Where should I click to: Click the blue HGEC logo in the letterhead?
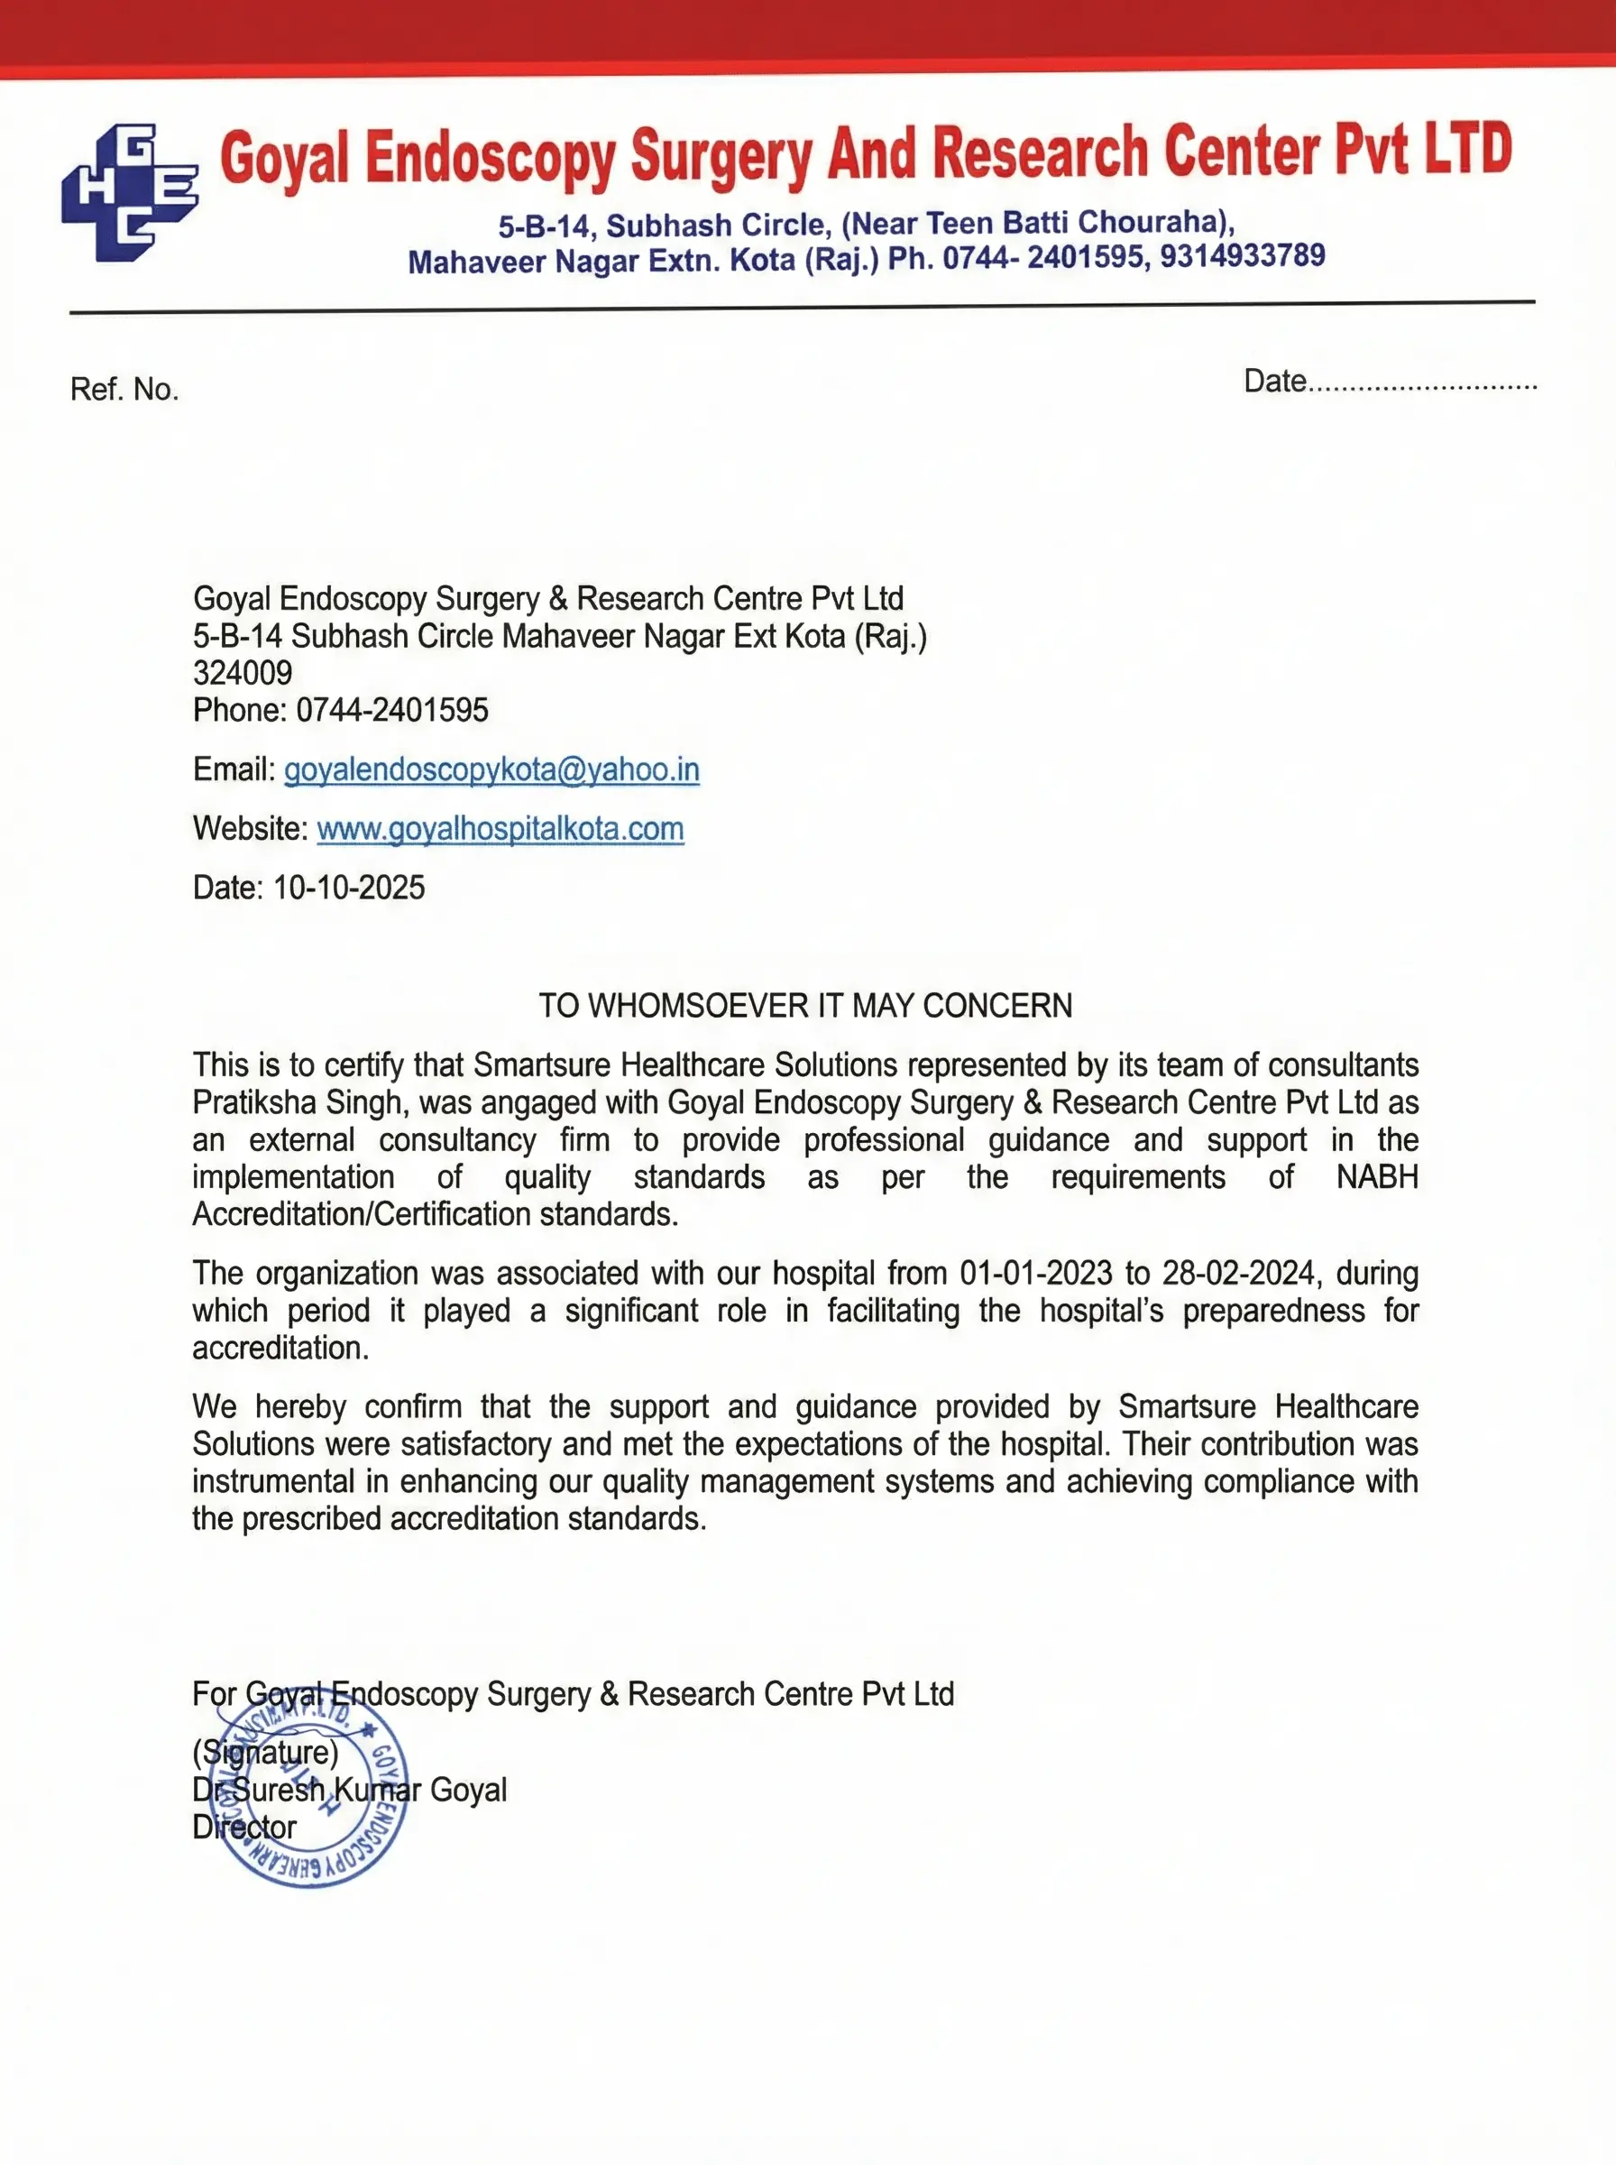point(129,192)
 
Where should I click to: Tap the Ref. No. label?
point(124,390)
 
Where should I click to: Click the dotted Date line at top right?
point(1421,383)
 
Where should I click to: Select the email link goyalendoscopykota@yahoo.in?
point(491,770)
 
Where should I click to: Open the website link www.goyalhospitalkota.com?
point(500,829)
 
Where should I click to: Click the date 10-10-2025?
point(348,888)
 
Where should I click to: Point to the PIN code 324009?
point(242,672)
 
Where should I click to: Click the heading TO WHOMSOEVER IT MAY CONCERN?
point(805,1006)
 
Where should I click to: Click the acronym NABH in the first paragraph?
point(1376,1177)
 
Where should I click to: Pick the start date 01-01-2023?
point(1035,1273)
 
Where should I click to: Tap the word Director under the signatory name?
point(243,1827)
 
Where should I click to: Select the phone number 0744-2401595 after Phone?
point(391,709)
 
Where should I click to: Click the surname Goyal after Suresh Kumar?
point(468,1790)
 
